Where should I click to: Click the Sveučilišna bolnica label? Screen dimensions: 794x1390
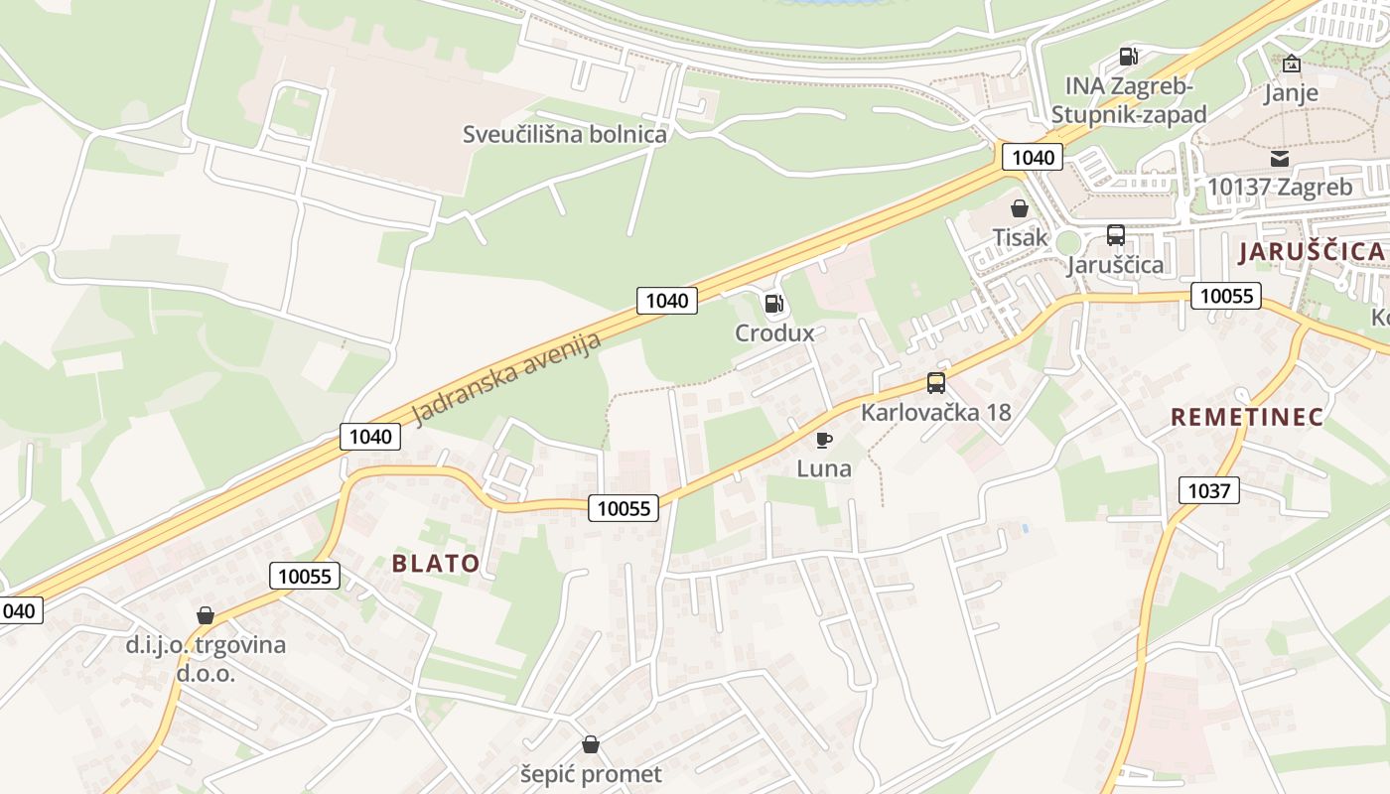tap(565, 134)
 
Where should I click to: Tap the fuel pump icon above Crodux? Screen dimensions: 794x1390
tap(774, 304)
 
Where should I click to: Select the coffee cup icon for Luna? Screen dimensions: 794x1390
tap(823, 439)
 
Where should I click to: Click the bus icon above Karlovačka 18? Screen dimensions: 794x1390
tap(935, 382)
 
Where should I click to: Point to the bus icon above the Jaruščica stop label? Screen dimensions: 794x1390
tap(1115, 235)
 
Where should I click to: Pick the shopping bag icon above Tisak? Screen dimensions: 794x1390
tap(1019, 208)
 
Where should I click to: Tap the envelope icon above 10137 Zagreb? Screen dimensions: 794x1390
tap(1279, 158)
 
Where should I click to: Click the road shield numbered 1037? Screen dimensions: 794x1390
tap(1209, 489)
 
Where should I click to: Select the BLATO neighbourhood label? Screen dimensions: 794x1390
tap(436, 564)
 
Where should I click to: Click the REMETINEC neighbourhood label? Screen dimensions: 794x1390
tap(1247, 417)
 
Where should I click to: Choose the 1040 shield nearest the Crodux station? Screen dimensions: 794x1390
tap(667, 300)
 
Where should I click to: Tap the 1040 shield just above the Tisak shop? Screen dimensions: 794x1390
tap(1033, 157)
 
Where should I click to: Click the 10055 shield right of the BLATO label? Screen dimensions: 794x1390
tap(624, 508)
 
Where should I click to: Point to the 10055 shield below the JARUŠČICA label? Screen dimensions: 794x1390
tap(1226, 295)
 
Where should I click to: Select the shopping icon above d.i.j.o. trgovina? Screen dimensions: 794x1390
tap(206, 615)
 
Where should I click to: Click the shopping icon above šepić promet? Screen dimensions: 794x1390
tap(591, 744)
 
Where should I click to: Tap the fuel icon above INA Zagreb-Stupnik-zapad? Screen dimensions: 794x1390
tap(1128, 57)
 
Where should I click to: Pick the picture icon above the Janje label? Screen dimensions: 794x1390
tap(1291, 64)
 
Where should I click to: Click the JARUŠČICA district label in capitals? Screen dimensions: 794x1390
tap(1311, 251)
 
